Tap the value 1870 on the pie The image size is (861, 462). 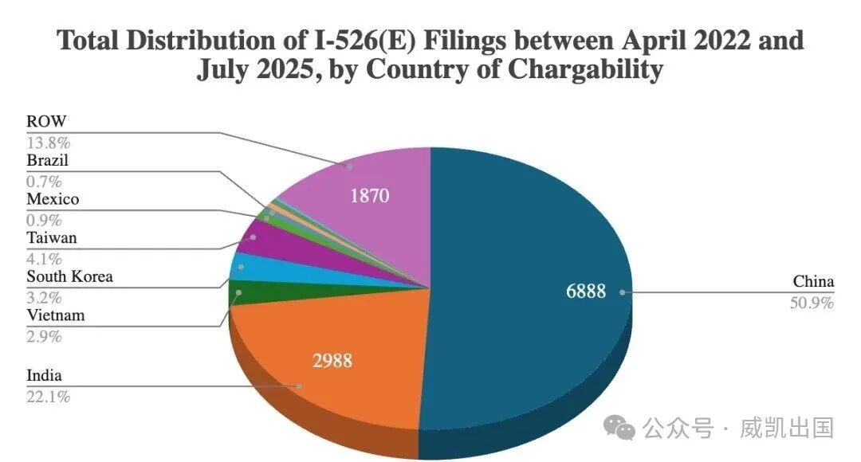pyautogui.click(x=369, y=195)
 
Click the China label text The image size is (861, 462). pyautogui.click(x=813, y=282)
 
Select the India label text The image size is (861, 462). pyautogui.click(x=44, y=376)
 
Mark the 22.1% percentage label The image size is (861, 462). pyautogui.click(x=48, y=396)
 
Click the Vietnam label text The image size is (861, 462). pyautogui.click(x=55, y=316)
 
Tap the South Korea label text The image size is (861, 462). pyautogui.click(x=69, y=277)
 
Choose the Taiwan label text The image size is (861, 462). pyautogui.click(x=52, y=238)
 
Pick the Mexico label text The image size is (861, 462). pyautogui.click(x=53, y=199)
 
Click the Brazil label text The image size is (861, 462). pyautogui.click(x=48, y=160)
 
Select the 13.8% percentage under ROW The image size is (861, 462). pyautogui.click(x=49, y=143)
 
